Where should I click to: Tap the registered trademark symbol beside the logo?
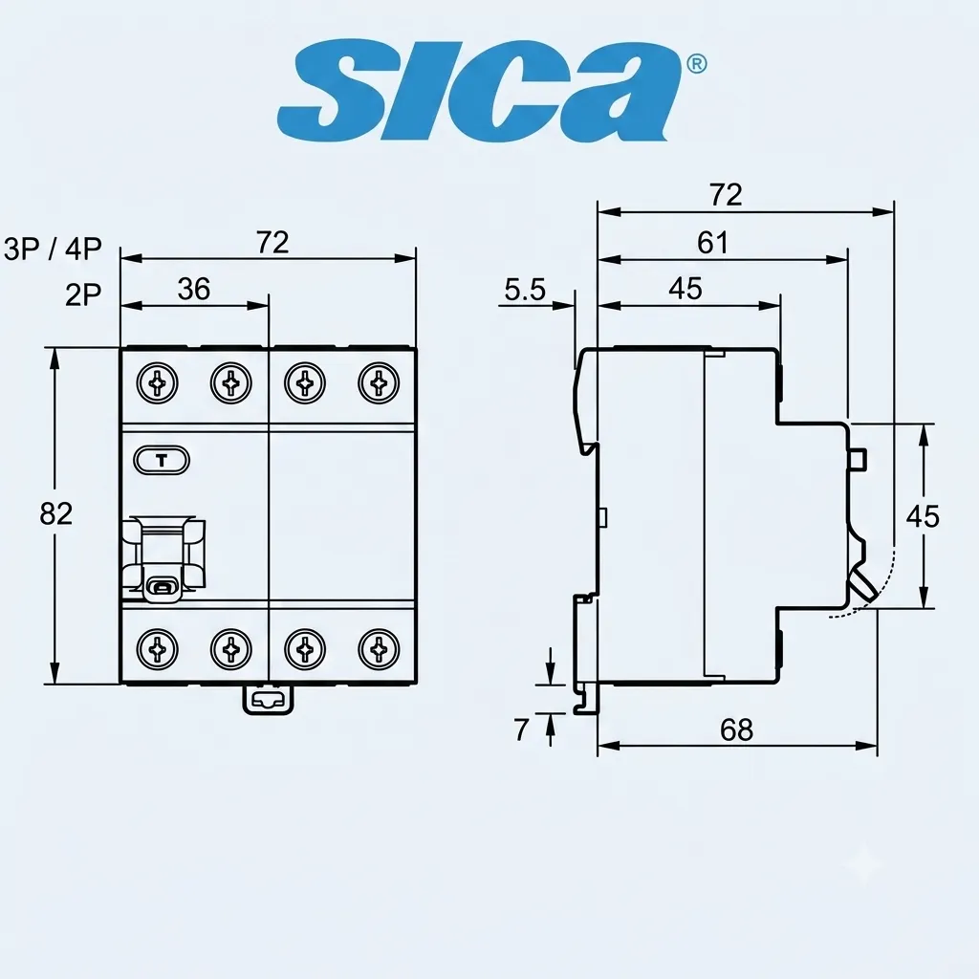tap(696, 64)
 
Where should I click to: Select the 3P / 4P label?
tap(54, 249)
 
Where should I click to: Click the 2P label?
tap(83, 294)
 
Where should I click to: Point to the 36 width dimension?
tap(193, 289)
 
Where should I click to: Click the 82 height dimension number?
tap(56, 513)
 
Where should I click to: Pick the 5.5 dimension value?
tap(525, 290)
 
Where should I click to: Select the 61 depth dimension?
tap(712, 242)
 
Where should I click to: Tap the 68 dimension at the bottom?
tap(737, 729)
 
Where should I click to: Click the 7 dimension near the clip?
tap(521, 729)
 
